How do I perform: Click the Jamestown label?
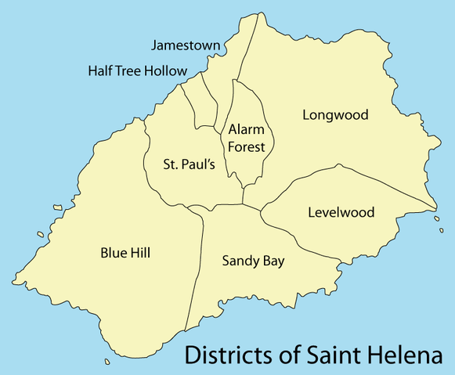(x=186, y=46)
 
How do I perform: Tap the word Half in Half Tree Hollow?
(x=102, y=71)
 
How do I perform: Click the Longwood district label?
(x=335, y=115)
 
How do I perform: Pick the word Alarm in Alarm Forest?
(x=246, y=129)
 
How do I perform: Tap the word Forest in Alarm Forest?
(x=247, y=146)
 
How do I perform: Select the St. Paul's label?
(x=189, y=164)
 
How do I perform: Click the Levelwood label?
(x=341, y=212)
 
